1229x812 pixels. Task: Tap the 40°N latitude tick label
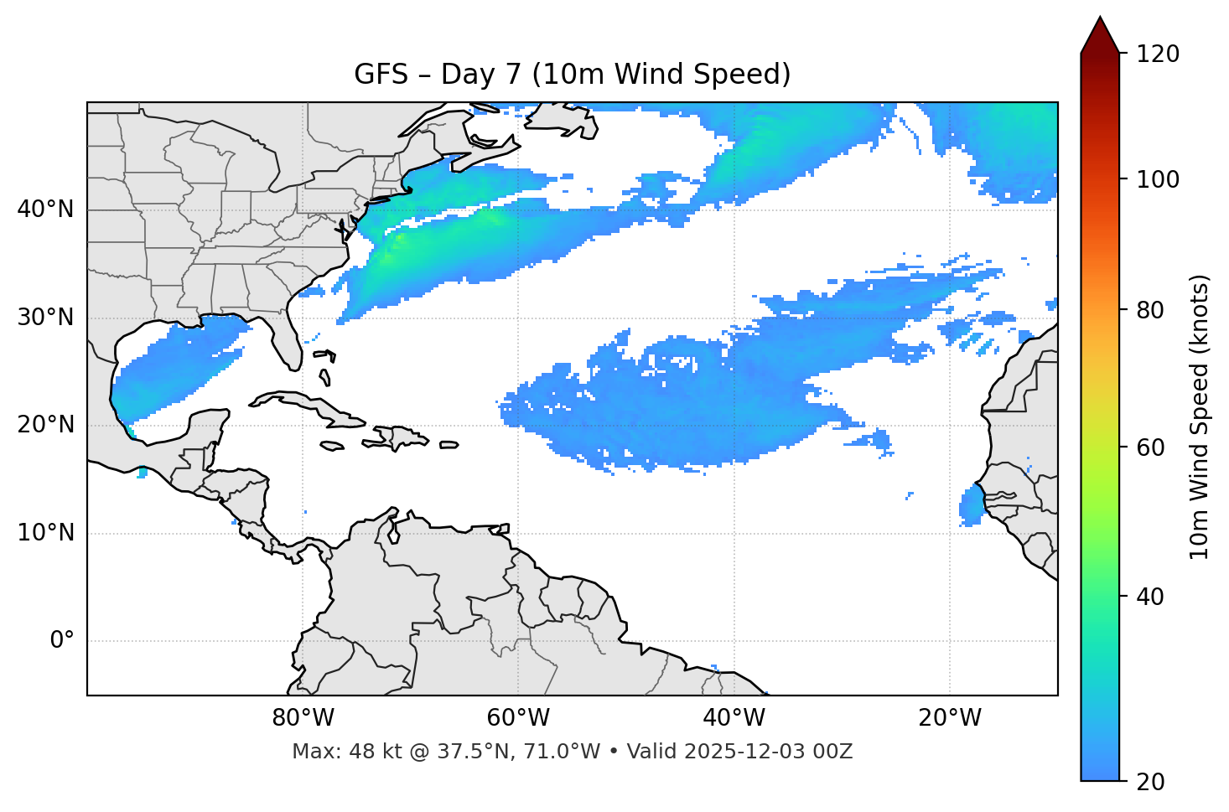pos(45,209)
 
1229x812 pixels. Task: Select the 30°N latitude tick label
pos(45,318)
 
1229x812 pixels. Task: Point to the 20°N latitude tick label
pos(45,425)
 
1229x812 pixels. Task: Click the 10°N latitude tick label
pos(45,533)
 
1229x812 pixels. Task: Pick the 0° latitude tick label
pos(62,641)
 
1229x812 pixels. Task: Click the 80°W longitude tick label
pos(303,718)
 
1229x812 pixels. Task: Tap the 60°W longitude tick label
pos(518,718)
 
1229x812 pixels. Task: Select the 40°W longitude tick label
pos(734,718)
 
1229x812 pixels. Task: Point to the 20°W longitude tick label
pos(949,718)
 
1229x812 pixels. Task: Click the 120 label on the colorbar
pos(1158,54)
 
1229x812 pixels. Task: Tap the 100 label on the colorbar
pos(1158,179)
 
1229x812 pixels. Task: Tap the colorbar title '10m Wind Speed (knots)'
pos(1200,416)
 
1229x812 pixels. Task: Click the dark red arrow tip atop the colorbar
pos(1100,34)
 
